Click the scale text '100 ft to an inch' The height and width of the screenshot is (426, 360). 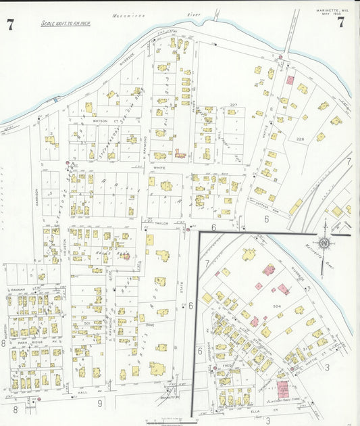click(x=66, y=24)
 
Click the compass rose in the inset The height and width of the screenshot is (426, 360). click(x=325, y=243)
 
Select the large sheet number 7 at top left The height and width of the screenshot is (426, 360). click(x=10, y=26)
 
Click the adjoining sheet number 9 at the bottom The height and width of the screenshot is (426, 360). click(x=99, y=404)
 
